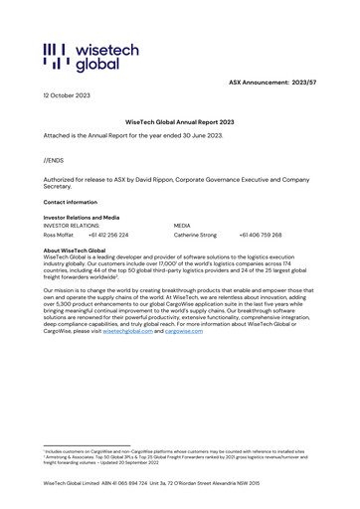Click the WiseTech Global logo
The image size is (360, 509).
pos(82,59)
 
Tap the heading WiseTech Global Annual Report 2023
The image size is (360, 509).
pos(179,119)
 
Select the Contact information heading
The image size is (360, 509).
pos(71,202)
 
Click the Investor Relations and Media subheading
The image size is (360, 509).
pos(82,217)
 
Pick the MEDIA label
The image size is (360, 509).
pos(182,226)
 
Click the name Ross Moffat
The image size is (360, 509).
pos(59,236)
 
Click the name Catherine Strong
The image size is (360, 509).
pos(195,236)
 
